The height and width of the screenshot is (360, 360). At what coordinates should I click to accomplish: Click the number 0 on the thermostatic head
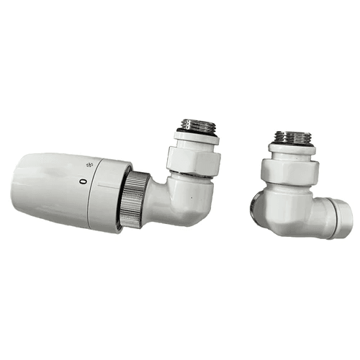click(83, 181)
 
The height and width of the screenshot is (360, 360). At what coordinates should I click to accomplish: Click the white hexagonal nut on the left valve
click(194, 161)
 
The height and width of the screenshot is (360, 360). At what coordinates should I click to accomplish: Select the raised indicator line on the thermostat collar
click(107, 185)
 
